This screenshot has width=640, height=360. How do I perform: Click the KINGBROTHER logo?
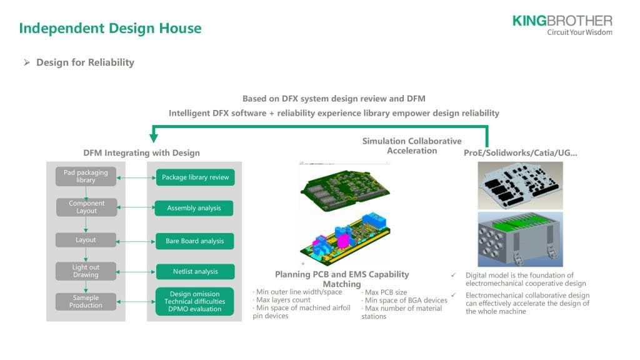coord(562,24)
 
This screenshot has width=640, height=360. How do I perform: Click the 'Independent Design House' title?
coord(110,28)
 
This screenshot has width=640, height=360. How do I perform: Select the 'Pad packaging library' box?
coord(86,176)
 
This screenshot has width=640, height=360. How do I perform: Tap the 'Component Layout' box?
coord(86,207)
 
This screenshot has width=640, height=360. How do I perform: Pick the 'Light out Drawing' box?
coord(86,271)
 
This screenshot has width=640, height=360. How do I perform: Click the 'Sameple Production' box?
coord(86,301)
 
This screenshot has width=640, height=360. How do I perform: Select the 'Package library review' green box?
coord(195,177)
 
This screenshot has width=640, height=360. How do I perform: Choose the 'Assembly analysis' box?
coord(194,208)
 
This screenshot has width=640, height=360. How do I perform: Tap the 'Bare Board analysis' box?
coord(194,241)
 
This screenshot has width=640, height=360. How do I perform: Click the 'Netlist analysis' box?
coord(195,272)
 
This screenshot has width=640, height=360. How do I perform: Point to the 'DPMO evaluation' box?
coord(195,301)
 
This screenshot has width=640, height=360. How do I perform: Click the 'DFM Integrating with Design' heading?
coord(141,152)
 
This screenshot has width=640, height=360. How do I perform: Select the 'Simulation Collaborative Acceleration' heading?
coord(411,146)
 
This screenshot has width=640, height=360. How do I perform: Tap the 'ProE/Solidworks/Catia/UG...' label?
coord(520,152)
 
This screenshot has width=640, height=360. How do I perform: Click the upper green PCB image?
coord(344,186)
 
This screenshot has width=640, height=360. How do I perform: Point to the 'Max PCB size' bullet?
coord(385,292)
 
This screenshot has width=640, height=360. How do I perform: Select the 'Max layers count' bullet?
coord(282,300)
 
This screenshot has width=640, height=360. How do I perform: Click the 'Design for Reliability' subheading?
coord(85,62)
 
